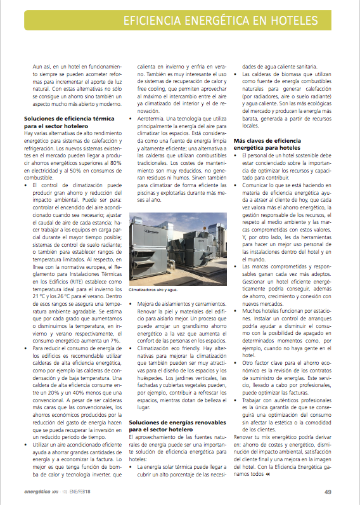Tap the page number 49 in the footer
click(328, 492)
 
